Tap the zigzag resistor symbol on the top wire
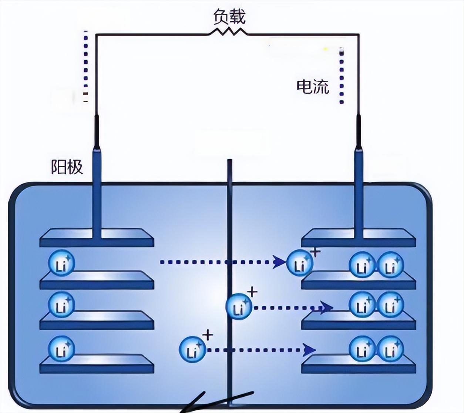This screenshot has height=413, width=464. point(228,33)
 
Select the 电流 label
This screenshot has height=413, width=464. point(313,87)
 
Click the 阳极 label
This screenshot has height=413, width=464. point(67,167)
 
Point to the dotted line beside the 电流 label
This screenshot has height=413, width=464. point(342,76)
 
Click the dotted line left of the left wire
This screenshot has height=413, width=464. point(86,67)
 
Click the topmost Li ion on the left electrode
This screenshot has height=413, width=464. point(61,263)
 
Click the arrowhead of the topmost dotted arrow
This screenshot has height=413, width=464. point(279,262)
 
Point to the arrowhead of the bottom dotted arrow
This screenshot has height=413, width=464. point(309,349)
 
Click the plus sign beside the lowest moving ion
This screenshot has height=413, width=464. point(208,335)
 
